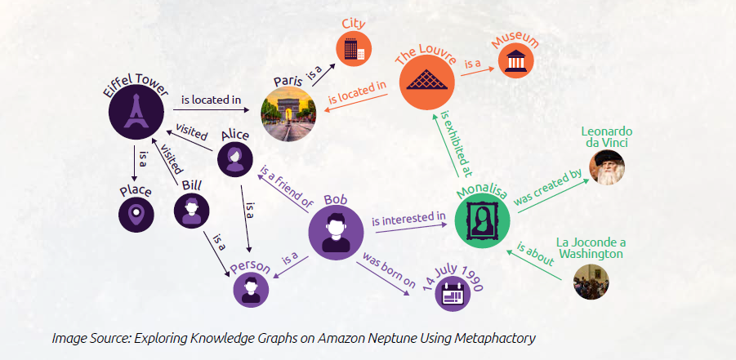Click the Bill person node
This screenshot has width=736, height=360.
[191, 210]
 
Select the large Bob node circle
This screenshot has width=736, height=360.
[336, 231]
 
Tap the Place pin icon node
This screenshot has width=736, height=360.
[136, 216]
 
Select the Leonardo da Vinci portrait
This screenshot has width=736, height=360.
[606, 167]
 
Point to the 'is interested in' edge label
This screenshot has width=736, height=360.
[408, 219]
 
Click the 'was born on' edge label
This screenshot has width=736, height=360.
[390, 270]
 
